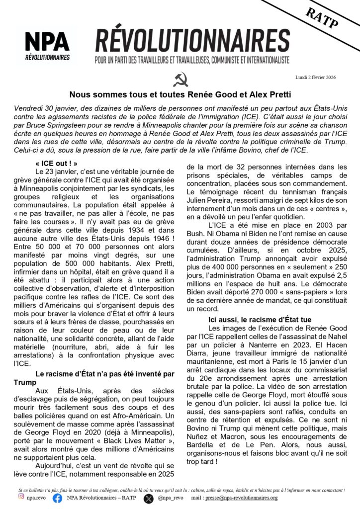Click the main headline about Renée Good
(x=180, y=94)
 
